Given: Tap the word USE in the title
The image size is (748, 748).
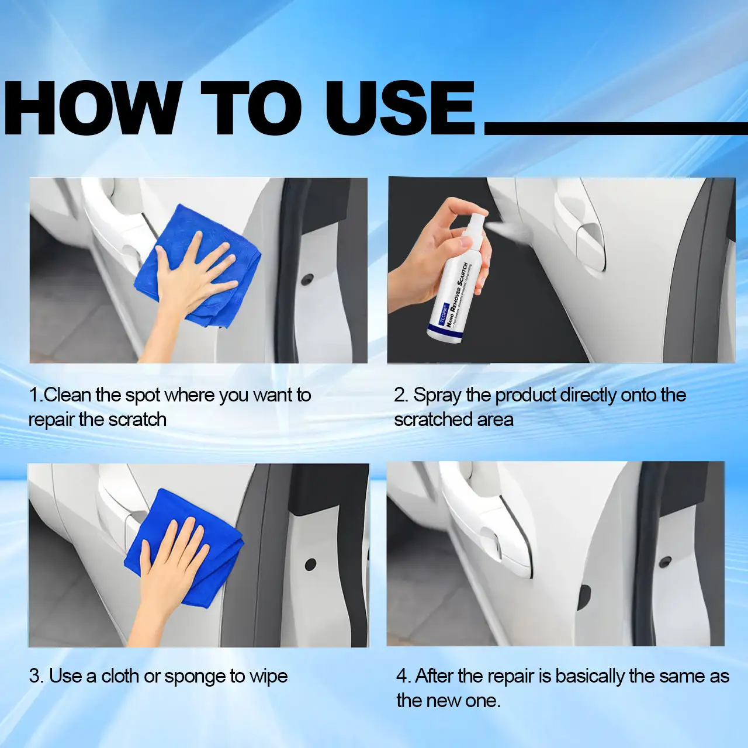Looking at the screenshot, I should coord(400,109).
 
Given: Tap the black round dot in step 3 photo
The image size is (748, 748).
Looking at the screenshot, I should coord(310,565).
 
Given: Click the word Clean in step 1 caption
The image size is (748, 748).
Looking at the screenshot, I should coord(68,395).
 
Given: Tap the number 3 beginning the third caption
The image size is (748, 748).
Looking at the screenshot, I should coord(34,676).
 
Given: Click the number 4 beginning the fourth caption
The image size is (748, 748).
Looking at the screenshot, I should coord(402,676).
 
